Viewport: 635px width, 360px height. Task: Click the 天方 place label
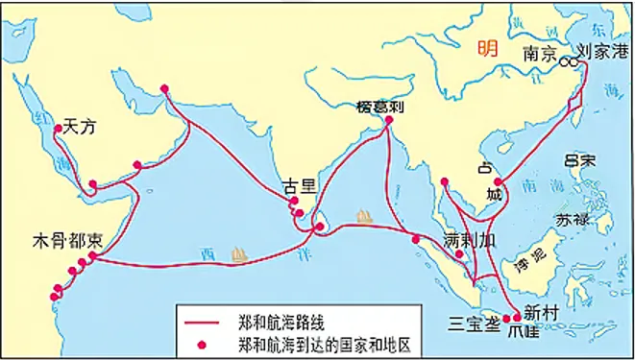(x=80, y=126)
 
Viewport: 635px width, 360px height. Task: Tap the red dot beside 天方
(x=59, y=128)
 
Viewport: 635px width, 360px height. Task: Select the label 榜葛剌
(x=378, y=107)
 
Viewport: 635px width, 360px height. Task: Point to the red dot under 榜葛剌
(x=389, y=122)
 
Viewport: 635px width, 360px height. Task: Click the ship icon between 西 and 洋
(x=241, y=255)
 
